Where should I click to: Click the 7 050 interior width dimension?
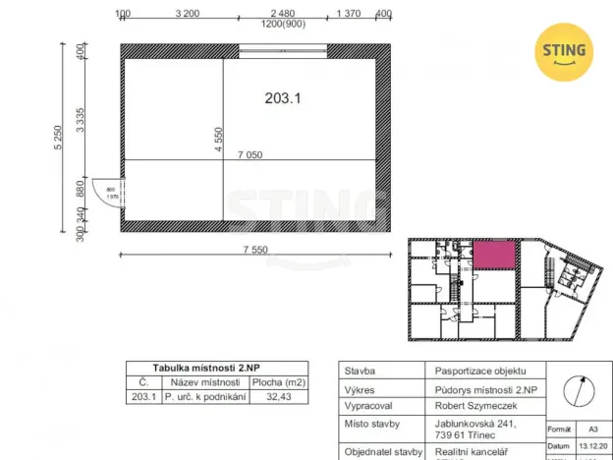250,153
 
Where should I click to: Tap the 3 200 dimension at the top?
188,14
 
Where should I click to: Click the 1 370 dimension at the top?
351,14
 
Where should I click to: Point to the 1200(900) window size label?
283,25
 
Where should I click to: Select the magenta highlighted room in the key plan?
494,257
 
